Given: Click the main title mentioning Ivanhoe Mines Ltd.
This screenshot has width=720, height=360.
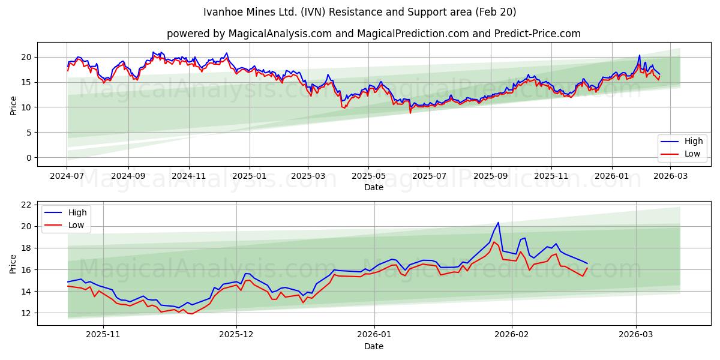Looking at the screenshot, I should click(360, 12).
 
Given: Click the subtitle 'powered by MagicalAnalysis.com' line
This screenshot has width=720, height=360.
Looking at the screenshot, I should click(373, 34).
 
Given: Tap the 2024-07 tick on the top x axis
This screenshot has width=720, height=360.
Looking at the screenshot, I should click(67, 176).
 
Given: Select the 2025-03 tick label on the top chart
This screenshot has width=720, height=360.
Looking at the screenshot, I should click(308, 176).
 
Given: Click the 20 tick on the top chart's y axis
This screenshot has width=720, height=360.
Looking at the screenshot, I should click(26, 57).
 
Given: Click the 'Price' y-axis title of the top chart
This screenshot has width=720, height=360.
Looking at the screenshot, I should click(13, 104).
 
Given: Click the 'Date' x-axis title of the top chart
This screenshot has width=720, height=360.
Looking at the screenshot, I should click(373, 187).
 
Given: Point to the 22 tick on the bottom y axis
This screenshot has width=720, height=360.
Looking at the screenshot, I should click(26, 205).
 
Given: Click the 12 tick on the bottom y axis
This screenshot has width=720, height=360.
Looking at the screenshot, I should click(26, 313).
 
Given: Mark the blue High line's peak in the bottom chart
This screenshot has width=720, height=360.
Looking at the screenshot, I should click(498, 223).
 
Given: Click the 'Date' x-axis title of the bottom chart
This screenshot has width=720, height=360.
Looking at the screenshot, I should click(373, 346).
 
